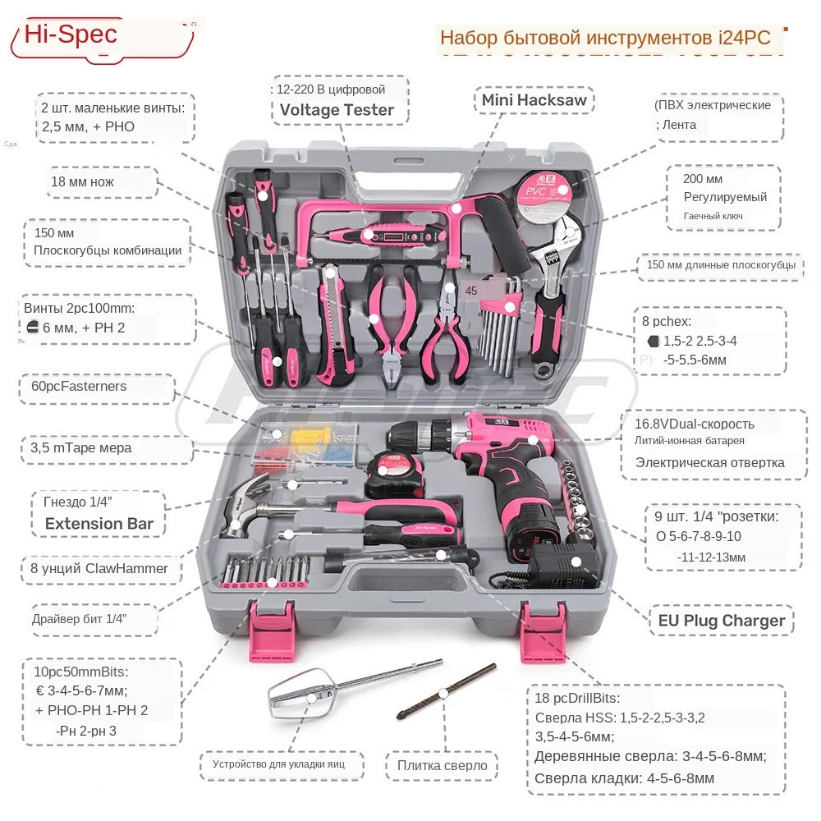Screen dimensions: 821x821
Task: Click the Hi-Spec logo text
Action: [x=71, y=34]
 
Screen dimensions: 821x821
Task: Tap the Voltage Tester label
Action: [x=337, y=110]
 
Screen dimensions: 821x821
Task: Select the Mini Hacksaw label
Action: [x=534, y=100]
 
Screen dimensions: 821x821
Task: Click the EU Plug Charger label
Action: [x=721, y=620]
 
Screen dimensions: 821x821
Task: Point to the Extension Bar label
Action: [x=99, y=523]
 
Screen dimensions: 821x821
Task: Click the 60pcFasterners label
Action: [x=79, y=386]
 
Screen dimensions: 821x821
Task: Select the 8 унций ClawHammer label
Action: [x=99, y=568]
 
